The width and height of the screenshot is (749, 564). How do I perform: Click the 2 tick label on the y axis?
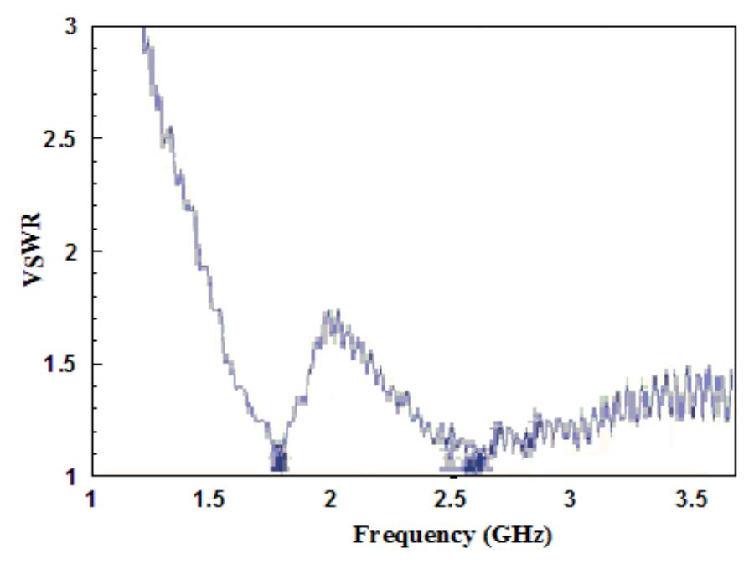pyautogui.click(x=70, y=251)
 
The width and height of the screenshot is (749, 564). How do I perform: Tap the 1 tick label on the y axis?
pyautogui.click(x=71, y=476)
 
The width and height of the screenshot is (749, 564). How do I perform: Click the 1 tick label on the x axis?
pyautogui.click(x=91, y=500)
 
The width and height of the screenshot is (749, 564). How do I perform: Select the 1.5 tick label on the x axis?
pyautogui.click(x=210, y=500)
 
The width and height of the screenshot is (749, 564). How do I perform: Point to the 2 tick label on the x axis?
pyautogui.click(x=330, y=500)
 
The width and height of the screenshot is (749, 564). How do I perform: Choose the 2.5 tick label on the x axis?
pyautogui.click(x=450, y=500)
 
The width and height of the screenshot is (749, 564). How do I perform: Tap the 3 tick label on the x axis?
pyautogui.click(x=570, y=500)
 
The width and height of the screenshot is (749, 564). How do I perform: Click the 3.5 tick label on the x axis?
pyautogui.click(x=690, y=500)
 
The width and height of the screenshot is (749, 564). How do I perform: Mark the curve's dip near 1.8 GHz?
pyautogui.click(x=279, y=461)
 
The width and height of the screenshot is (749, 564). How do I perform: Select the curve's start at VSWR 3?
pyautogui.click(x=143, y=28)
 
